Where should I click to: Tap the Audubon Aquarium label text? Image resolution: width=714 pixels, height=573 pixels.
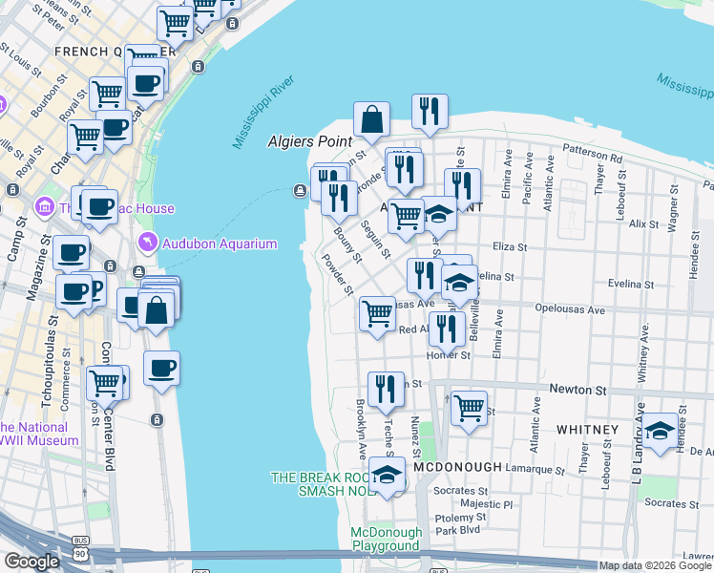tap(209, 242)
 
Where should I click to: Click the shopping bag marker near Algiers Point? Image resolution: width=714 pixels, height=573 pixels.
tap(371, 121)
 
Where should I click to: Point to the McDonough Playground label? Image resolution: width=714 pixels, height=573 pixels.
tap(386, 539)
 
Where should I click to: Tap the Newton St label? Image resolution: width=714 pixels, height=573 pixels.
tap(577, 390)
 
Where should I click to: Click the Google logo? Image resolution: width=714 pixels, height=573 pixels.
tap(32, 561)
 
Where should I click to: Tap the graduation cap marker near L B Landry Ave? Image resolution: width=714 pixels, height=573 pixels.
tap(661, 431)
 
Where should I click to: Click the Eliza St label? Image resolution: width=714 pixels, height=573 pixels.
tap(510, 246)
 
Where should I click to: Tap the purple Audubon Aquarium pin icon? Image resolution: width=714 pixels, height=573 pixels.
tap(146, 242)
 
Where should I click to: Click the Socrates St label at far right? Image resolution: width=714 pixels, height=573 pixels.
tap(665, 502)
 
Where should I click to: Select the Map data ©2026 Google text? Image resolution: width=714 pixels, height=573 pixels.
tap(655, 565)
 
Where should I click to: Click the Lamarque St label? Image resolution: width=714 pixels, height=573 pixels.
tap(531, 469)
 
